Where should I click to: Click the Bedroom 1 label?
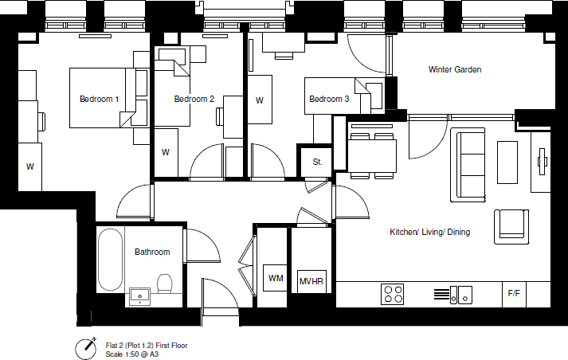[x=100, y=100]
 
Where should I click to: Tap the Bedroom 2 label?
[x=194, y=100]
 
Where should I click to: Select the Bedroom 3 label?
[x=329, y=100]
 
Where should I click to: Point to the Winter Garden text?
[x=455, y=70]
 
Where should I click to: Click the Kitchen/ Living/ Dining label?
[x=429, y=233]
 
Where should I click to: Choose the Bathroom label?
[x=152, y=252]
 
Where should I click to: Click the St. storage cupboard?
[x=318, y=162]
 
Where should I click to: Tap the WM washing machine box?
[x=276, y=279]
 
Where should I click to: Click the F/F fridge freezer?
[x=514, y=294]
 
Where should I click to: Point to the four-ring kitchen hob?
[x=393, y=294]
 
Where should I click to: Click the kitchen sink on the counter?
[x=460, y=295]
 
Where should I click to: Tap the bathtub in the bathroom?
[x=110, y=260]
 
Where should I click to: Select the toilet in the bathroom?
[x=166, y=284]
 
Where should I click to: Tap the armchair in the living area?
[x=511, y=225]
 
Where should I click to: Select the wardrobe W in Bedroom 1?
[x=29, y=166]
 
